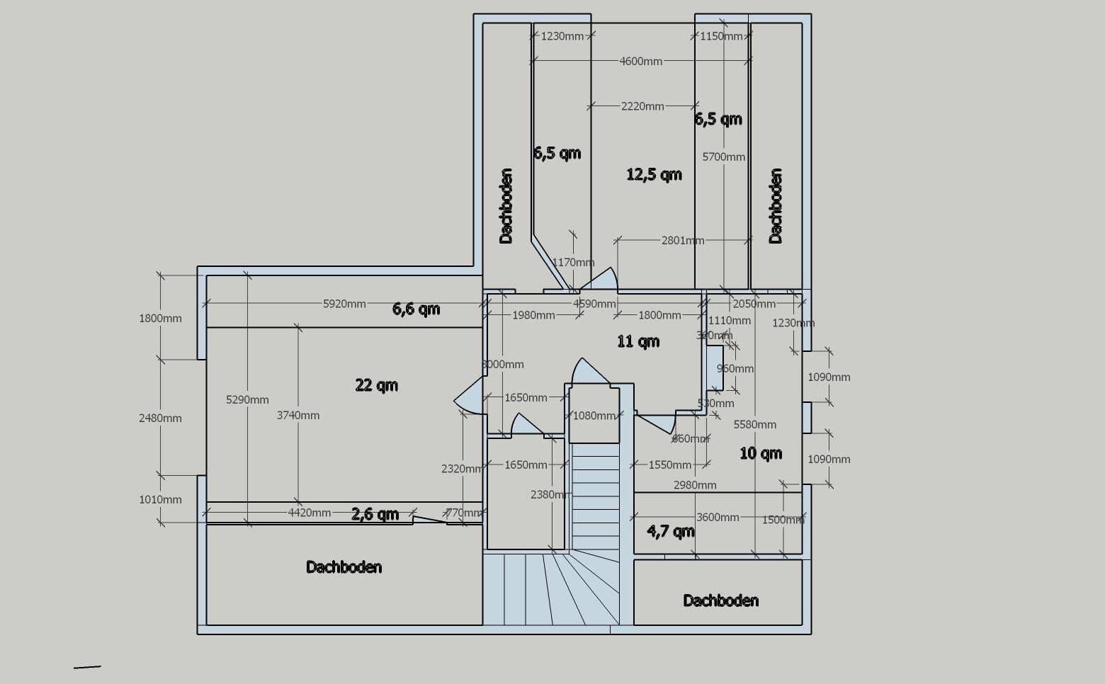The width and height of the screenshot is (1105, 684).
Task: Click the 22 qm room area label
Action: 376,385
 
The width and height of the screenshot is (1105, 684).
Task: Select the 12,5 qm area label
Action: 654,174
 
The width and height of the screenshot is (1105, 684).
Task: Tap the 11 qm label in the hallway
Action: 637,341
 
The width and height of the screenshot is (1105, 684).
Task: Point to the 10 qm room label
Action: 761,453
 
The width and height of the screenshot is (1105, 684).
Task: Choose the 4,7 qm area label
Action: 670,531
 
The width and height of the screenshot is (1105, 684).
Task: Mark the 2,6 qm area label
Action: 375,514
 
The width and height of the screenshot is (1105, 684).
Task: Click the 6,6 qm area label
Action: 416,309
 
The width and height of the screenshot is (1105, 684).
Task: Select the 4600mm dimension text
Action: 640,62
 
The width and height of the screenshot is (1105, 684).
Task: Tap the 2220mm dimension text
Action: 642,106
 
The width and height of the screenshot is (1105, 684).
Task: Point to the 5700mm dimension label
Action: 723,157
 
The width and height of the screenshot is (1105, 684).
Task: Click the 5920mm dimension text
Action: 344,304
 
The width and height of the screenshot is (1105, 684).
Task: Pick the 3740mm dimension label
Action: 297,416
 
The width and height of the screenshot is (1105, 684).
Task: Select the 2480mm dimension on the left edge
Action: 160,418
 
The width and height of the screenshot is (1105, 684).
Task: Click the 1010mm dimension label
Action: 160,500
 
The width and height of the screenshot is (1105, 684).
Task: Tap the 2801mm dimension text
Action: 682,241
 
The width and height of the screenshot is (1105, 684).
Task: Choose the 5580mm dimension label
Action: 754,425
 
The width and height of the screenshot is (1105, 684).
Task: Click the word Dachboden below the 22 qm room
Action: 344,567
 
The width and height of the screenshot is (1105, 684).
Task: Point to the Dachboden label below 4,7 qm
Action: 720,600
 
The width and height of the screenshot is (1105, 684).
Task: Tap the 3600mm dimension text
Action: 717,518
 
